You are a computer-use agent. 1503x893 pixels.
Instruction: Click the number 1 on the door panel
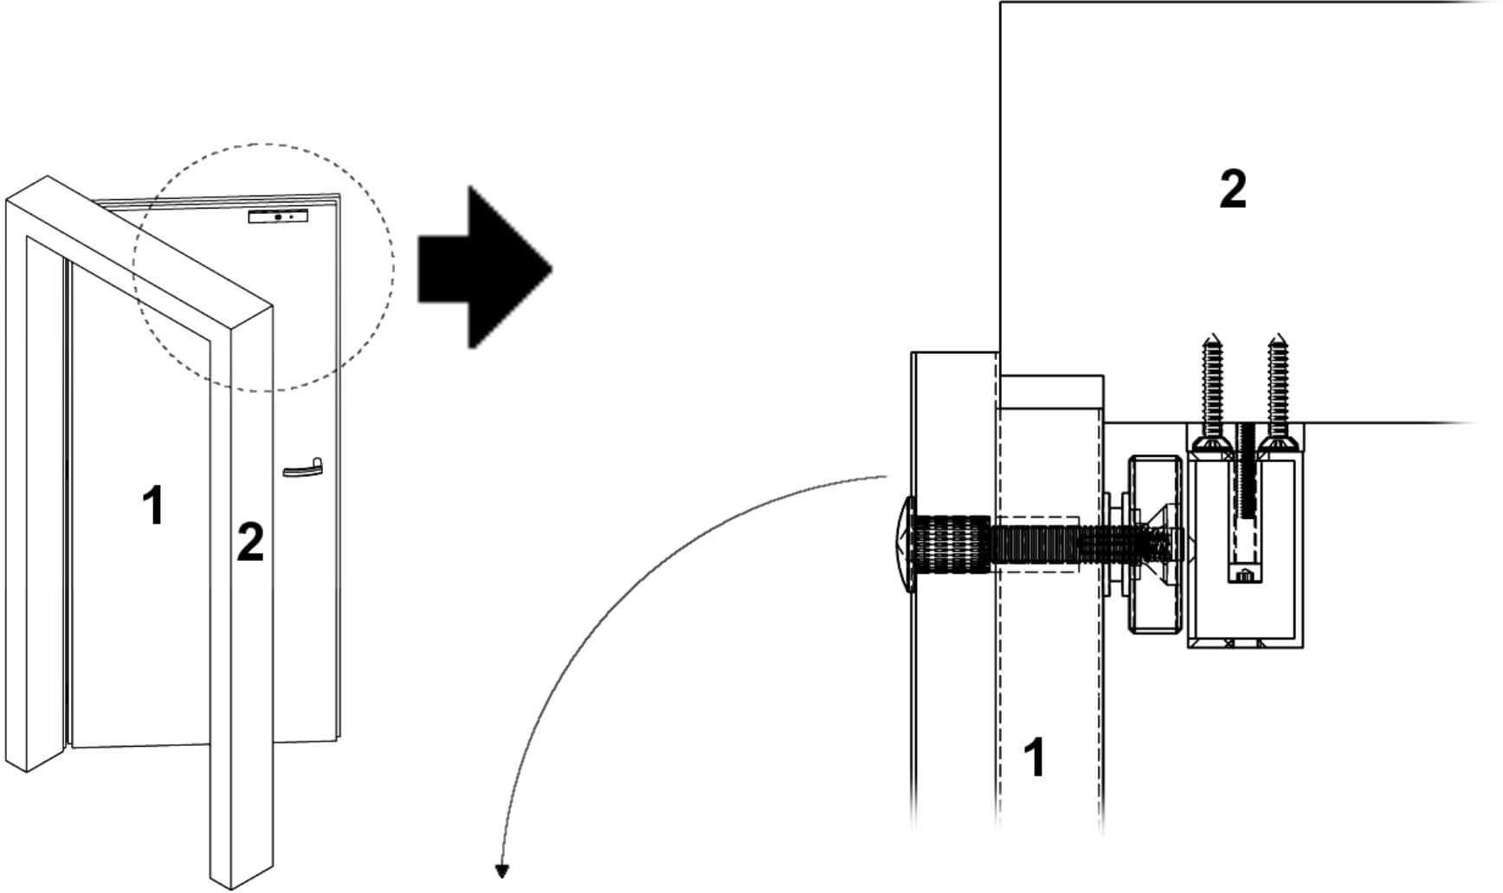pos(154,505)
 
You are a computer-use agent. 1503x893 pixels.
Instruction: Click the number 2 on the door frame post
pos(250,542)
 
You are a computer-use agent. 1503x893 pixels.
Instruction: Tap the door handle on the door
pos(302,468)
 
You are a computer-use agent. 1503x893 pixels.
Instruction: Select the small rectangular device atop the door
pos(278,216)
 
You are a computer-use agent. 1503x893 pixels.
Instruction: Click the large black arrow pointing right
pos(485,267)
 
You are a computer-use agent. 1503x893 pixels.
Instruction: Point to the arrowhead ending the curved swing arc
pos(501,871)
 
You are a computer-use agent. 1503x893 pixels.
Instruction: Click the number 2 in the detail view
pos(1233,189)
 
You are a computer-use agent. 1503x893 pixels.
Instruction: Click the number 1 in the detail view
pos(1034,757)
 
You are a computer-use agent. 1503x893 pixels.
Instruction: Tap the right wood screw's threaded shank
pos(1277,389)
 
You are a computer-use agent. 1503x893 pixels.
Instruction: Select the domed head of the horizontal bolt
pos(904,544)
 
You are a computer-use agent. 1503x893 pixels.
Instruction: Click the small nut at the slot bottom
pos(1244,575)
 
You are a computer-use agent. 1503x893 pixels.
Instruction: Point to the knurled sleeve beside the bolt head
pos(952,544)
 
